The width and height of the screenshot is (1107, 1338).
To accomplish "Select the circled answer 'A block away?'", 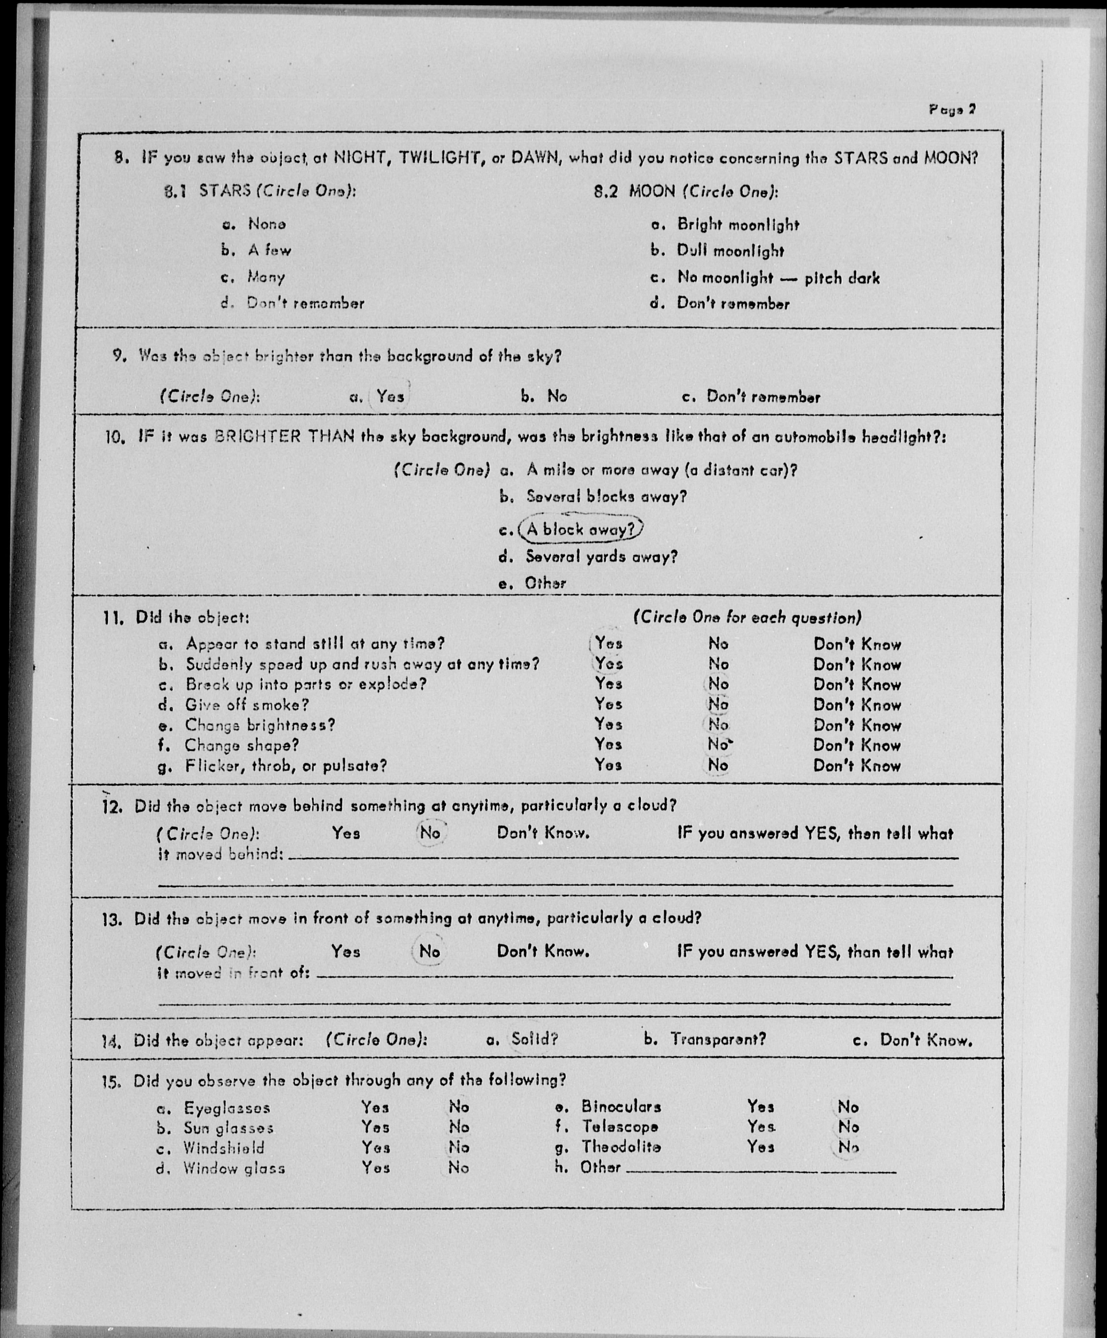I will click(581, 529).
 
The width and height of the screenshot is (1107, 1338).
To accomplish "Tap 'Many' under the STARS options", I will click(266, 276).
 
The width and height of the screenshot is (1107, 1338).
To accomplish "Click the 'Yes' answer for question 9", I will click(390, 396).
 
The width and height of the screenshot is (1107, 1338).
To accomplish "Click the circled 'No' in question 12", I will click(430, 833).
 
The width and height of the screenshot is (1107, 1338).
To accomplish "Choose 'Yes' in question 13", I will click(345, 952).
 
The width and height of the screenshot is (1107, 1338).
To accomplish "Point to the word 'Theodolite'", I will click(621, 1147).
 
